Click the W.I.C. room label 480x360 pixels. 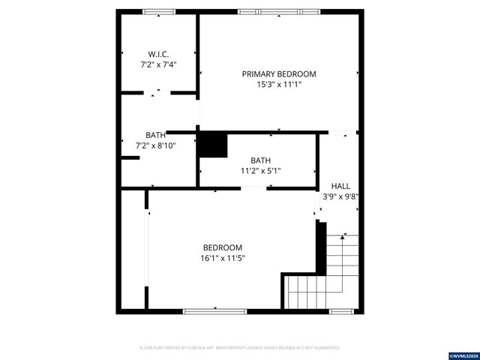tap(158, 54)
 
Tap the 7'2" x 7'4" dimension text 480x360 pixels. tap(158, 65)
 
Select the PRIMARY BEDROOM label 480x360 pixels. tap(278, 74)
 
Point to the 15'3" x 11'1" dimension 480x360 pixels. tap(278, 85)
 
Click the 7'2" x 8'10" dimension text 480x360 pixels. tap(155, 145)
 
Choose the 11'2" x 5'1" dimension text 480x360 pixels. tap(261, 171)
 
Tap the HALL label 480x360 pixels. tap(340, 186)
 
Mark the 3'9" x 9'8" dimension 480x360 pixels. tap(340, 197)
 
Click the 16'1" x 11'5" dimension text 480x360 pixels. tap(223, 259)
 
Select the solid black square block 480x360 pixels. tap(212, 145)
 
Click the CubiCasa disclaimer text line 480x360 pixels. tap(240, 347)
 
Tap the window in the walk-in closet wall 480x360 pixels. tap(158, 11)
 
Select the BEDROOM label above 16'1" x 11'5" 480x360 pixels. tap(223, 247)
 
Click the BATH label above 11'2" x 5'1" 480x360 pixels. tap(261, 160)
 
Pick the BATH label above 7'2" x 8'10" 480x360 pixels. tap(155, 135)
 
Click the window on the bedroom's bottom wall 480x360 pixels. tap(214, 310)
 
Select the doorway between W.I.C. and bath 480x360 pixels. tap(157, 92)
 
